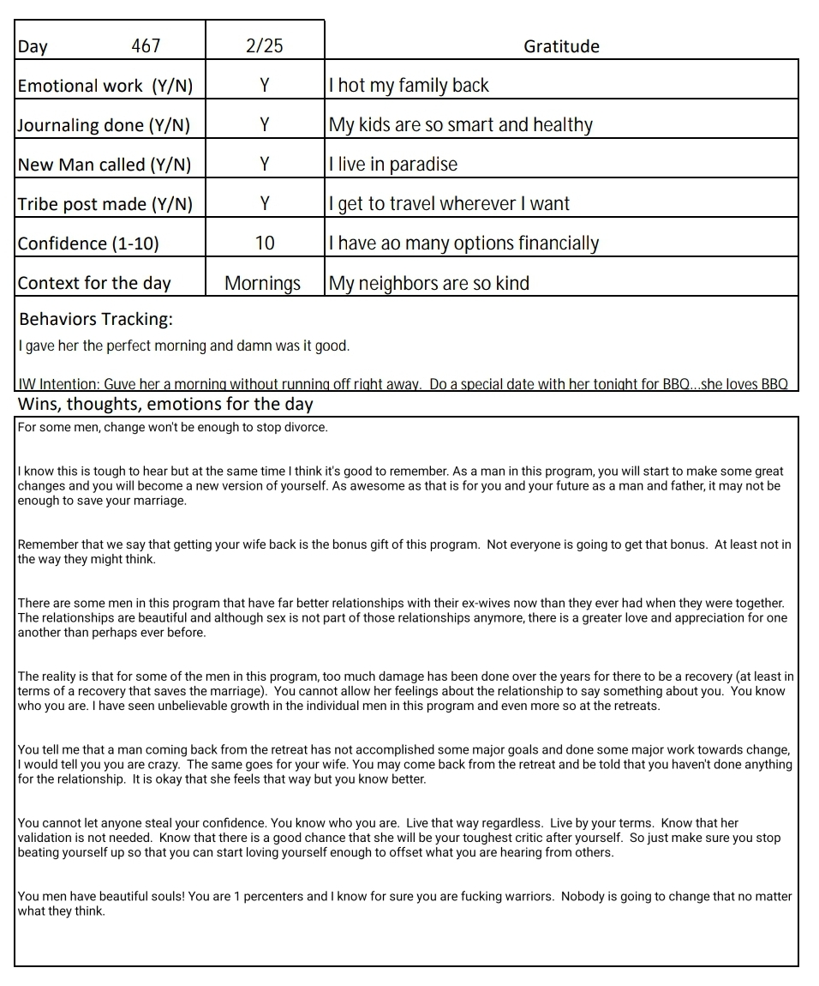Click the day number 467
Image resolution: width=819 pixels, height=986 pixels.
(146, 45)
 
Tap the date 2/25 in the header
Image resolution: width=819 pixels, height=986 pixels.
(264, 45)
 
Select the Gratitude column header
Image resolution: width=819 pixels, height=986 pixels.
(561, 46)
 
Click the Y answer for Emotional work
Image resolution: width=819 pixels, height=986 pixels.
(265, 85)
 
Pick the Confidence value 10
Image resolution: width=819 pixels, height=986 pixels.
(265, 243)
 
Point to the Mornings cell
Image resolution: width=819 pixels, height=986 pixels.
(263, 283)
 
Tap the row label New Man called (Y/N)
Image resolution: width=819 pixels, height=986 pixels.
(105, 165)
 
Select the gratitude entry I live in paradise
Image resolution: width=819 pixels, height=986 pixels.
(393, 165)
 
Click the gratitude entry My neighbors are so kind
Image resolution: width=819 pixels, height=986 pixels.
(429, 283)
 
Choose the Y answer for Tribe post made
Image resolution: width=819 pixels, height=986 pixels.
(265, 204)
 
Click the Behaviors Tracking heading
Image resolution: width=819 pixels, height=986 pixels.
(95, 319)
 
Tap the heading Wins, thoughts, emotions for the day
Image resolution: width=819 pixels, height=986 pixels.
(165, 404)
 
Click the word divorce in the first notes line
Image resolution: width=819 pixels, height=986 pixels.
(307, 427)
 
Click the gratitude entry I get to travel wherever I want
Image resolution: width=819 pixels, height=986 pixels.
(449, 204)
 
